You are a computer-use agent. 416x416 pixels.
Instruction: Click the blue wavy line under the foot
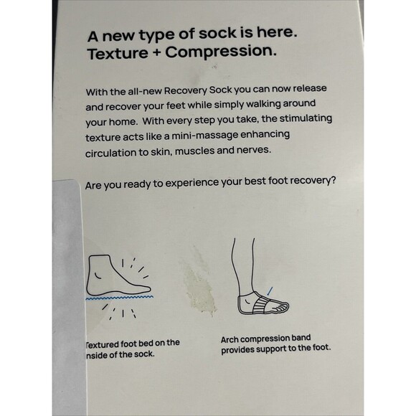(x=119, y=296)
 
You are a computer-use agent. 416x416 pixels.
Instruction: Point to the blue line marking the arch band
(x=271, y=290)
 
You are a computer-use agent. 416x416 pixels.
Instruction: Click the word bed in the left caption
(x=149, y=343)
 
